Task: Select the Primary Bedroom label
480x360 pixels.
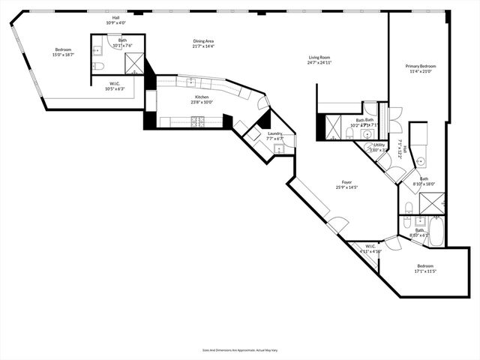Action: pos(421,67)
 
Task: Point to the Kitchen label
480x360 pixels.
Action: pos(202,97)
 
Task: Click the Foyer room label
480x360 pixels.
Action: pos(347,181)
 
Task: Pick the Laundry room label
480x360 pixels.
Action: pos(274,133)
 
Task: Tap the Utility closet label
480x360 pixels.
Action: pos(379,145)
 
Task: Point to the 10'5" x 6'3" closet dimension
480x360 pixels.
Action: pos(114,88)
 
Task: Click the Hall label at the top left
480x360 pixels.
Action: pos(115,17)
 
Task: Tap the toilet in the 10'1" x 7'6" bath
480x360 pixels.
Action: pos(98,67)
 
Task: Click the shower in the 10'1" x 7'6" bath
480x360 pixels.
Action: pos(134,64)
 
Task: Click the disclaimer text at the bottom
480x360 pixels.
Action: pos(239,349)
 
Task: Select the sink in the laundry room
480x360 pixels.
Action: pos(278,148)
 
